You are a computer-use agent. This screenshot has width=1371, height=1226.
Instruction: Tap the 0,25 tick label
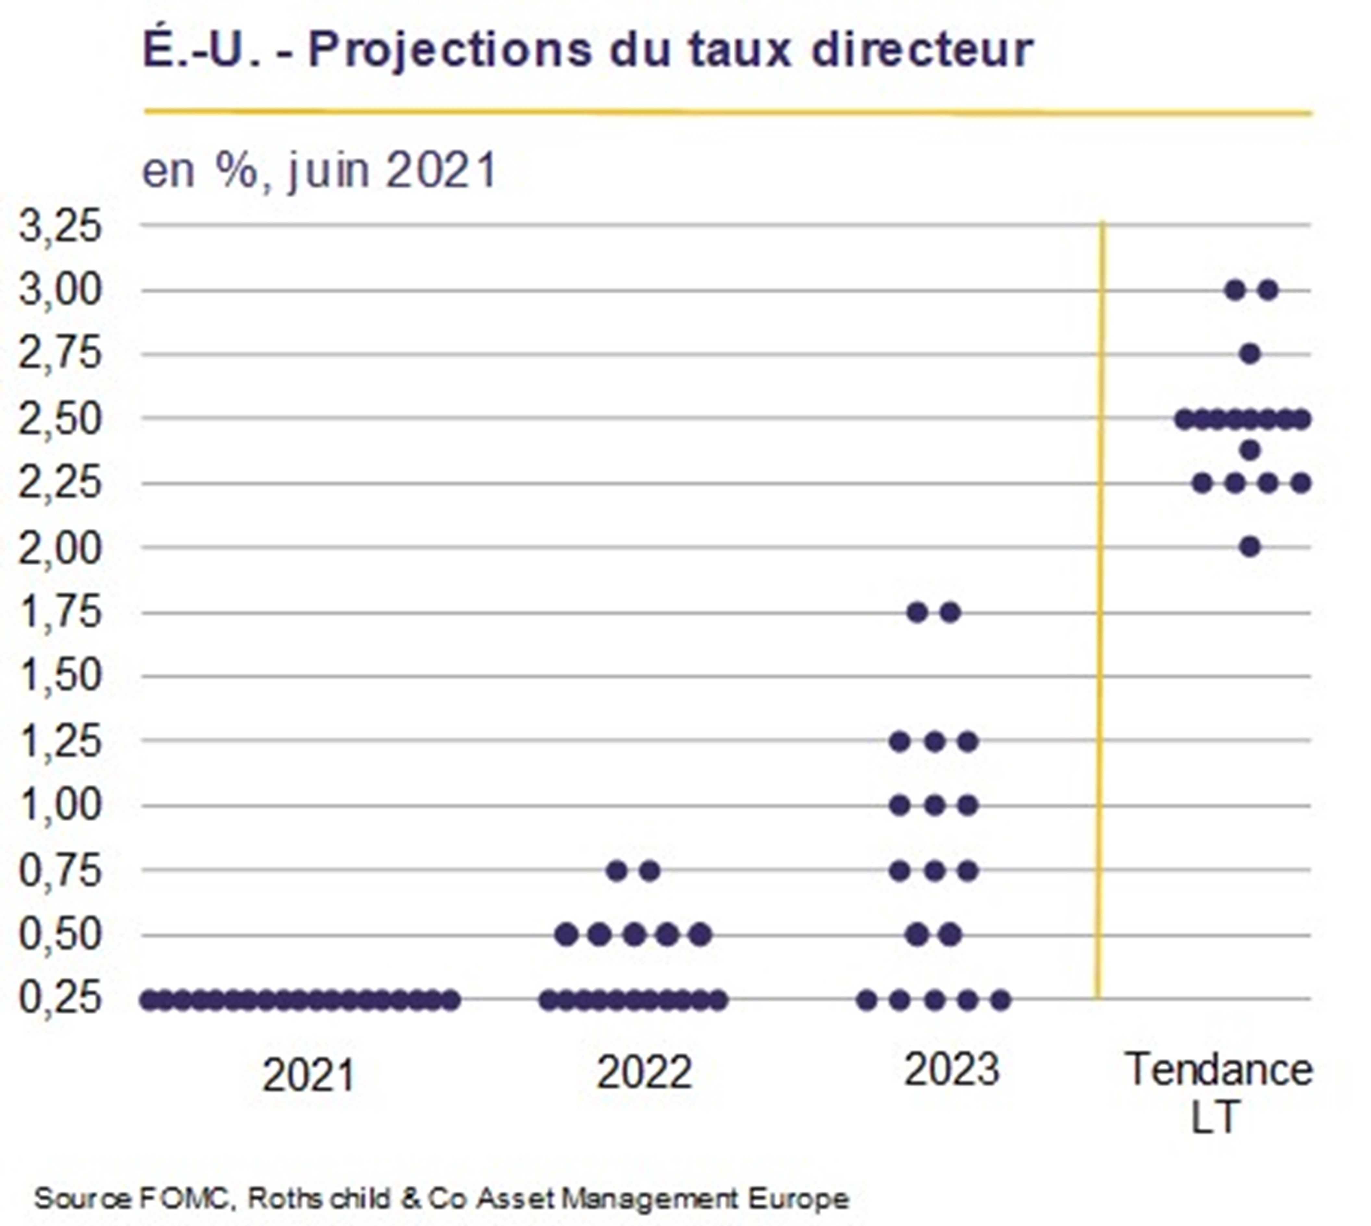coord(61,998)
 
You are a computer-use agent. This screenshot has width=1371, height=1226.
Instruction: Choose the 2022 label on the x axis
coord(644,1073)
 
